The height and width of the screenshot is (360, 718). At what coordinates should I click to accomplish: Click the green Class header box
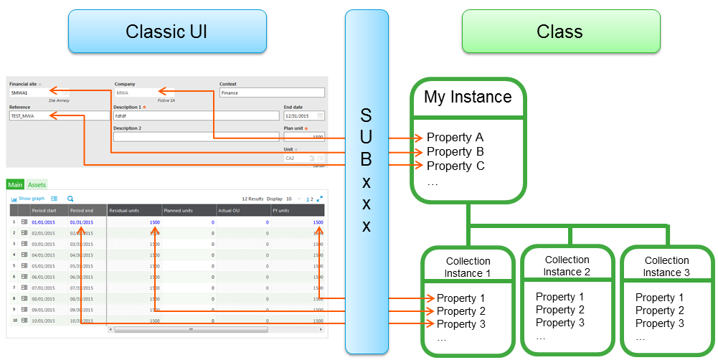560,32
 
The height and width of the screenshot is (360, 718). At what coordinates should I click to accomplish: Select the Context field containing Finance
272,93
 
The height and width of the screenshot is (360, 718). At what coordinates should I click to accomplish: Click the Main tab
15,185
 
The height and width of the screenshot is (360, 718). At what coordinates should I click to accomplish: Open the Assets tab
37,185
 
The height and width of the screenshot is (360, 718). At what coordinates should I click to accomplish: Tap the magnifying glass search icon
70,199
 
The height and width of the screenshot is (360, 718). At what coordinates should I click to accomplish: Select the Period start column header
42,211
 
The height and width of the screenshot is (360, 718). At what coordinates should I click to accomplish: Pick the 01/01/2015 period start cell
43,223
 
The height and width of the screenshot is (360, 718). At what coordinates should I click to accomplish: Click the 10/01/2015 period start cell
43,321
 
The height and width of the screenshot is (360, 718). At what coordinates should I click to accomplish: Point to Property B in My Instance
455,151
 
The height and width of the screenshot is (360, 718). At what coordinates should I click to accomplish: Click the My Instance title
468,97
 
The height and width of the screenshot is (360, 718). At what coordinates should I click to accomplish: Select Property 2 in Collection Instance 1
461,311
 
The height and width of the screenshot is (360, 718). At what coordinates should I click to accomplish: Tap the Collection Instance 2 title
567,266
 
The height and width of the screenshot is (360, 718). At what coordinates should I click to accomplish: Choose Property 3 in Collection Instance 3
659,323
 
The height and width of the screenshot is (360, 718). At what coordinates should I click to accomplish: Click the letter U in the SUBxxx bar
366,137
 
